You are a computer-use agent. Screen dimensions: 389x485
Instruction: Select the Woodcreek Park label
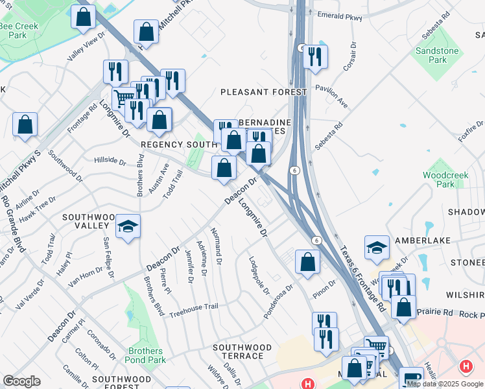[438, 180]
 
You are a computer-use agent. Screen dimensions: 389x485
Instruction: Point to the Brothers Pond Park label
[147, 355]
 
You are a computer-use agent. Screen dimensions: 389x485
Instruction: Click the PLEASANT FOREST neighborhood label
[263, 92]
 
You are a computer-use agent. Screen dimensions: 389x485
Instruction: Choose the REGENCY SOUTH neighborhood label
[178, 144]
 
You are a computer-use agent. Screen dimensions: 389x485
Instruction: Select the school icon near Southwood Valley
[128, 226]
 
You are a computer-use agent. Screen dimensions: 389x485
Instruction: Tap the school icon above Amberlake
[377, 248]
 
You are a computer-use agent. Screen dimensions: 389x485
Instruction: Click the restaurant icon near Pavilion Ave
[315, 56]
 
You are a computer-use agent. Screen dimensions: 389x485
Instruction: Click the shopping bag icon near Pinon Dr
[307, 261]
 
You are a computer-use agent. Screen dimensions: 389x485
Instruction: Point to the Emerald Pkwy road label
[340, 18]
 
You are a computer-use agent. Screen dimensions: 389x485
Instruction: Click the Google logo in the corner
[21, 381]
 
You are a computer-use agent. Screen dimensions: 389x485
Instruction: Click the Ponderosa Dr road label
[278, 301]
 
